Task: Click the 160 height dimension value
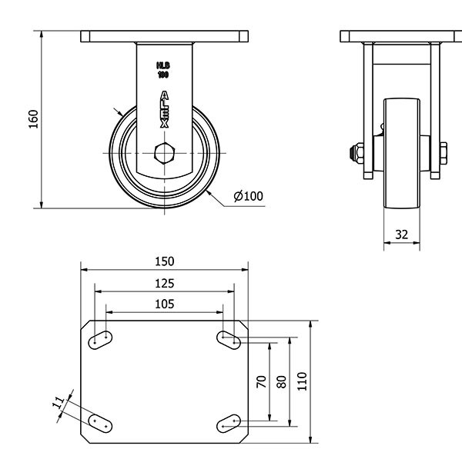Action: (33, 119)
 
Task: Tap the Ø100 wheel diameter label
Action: (248, 196)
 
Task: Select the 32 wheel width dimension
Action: (401, 234)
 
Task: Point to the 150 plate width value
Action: (165, 261)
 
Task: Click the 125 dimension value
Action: (165, 282)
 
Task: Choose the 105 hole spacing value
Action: (165, 304)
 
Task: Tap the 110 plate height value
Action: (302, 381)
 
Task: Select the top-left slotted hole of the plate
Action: (101, 339)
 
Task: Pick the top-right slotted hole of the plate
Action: (229, 338)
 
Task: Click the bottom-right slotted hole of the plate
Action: (229, 421)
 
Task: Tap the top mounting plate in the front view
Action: (165, 36)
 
